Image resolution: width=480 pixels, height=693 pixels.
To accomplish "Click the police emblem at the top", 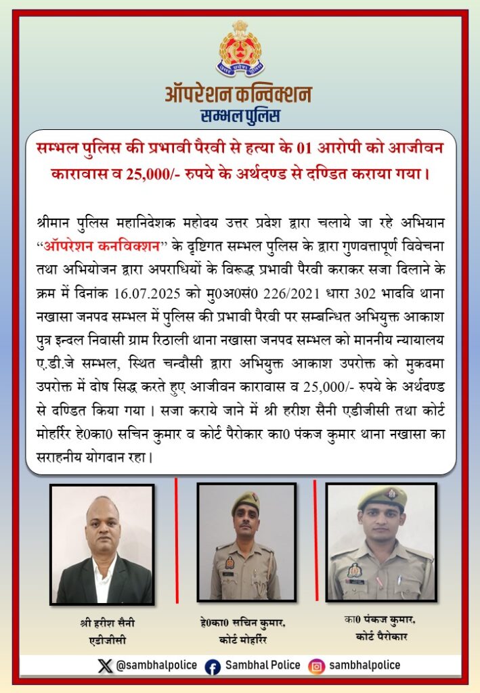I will (x=240, y=49).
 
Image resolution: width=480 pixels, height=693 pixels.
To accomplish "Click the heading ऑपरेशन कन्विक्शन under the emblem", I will (x=239, y=93).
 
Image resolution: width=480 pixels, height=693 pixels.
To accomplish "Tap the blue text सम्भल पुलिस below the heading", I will (x=240, y=116).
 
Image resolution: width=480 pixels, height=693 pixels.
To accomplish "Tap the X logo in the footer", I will (x=105, y=665).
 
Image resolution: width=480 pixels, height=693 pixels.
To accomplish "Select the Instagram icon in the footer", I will (x=315, y=666).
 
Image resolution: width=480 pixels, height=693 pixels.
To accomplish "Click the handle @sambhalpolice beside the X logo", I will (x=156, y=665).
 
